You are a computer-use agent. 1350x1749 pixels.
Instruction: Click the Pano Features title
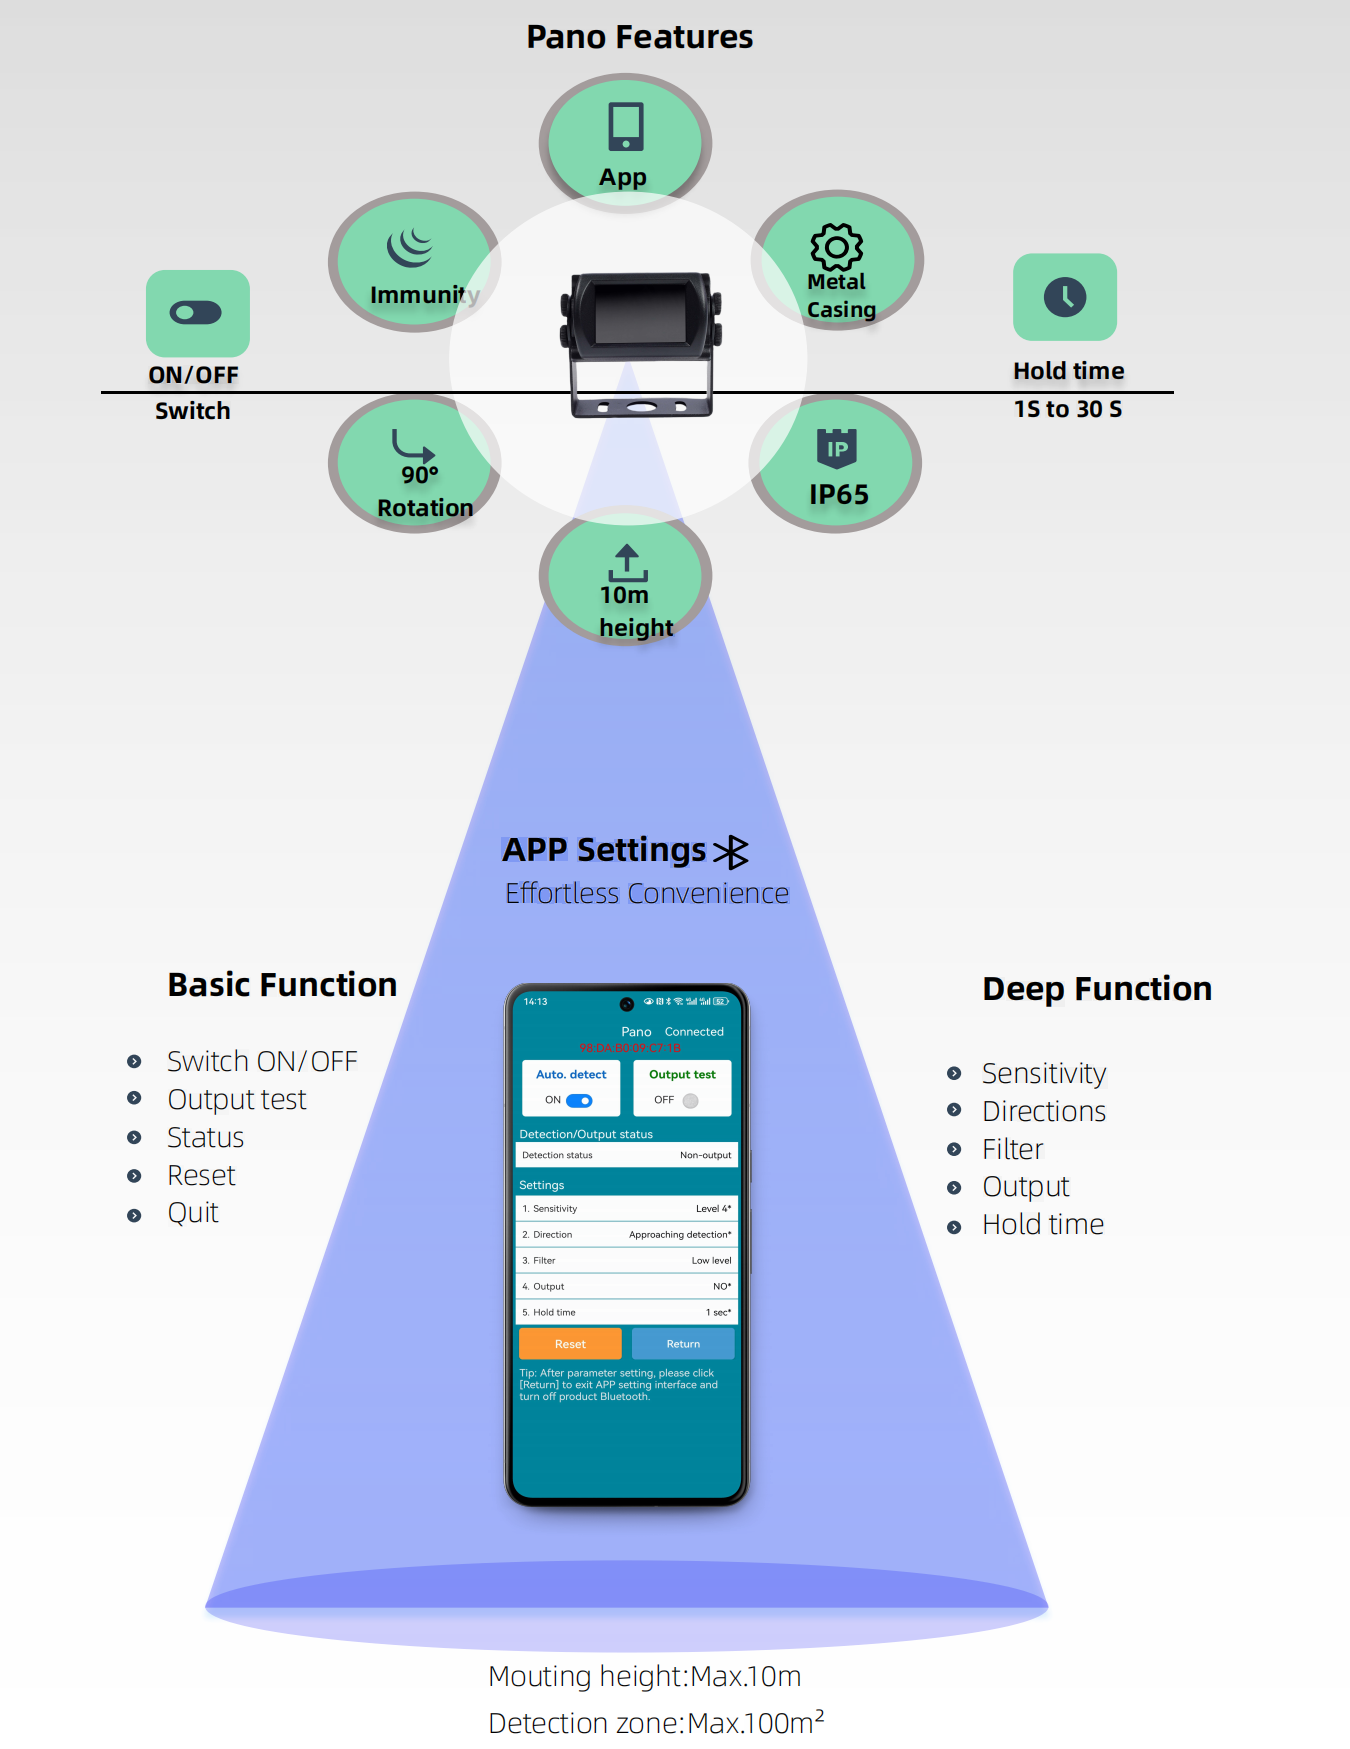tap(639, 37)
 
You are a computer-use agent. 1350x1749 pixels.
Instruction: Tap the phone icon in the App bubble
tap(626, 126)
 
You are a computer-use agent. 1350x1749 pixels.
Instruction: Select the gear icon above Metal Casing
tap(836, 246)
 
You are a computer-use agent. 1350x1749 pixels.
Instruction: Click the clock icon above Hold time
tap(1065, 297)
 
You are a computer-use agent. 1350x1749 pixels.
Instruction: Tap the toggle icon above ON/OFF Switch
tap(196, 313)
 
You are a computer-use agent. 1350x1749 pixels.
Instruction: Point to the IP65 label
tap(838, 494)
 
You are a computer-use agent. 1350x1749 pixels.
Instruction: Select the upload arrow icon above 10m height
tap(627, 563)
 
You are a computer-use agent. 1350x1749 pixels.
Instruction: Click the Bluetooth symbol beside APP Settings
tap(731, 852)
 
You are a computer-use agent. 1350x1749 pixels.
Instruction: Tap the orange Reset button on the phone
tap(570, 1344)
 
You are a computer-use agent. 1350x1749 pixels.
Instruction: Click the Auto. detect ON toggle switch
tap(579, 1100)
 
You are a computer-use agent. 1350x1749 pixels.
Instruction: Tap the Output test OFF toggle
tap(690, 1100)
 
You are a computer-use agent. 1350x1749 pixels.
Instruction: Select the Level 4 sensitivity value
tap(713, 1209)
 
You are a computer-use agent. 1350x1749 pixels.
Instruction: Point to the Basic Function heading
tap(282, 985)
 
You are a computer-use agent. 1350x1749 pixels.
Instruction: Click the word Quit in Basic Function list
tap(193, 1213)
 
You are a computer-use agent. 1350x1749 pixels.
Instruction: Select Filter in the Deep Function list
tap(1012, 1149)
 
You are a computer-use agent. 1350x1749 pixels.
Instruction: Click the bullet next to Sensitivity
tap(954, 1073)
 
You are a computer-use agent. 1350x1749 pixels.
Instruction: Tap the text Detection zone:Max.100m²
tap(656, 1722)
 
